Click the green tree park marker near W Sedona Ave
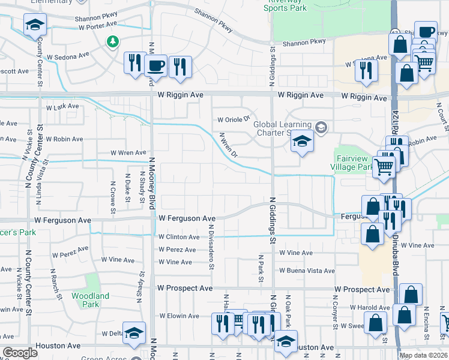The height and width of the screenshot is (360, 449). [x=112, y=41]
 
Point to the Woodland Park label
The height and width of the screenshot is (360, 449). [x=90, y=300]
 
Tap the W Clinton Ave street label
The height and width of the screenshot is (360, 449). [x=178, y=237]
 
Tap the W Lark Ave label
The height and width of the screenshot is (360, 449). [x=62, y=107]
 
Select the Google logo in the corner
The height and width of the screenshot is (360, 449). [x=20, y=353]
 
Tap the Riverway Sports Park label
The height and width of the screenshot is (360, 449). [x=286, y=5]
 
